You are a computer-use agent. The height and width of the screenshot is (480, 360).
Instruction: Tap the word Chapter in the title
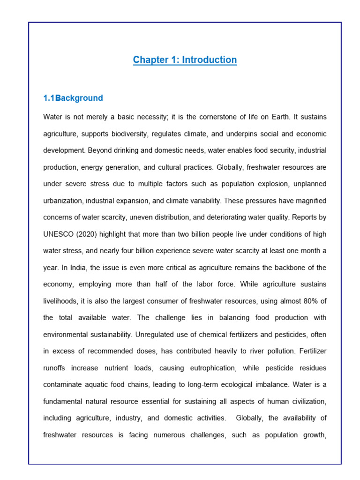[x=150, y=60]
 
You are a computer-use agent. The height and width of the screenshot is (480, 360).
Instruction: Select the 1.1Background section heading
[x=73, y=98]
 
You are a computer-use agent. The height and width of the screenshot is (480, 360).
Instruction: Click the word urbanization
[x=63, y=201]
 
